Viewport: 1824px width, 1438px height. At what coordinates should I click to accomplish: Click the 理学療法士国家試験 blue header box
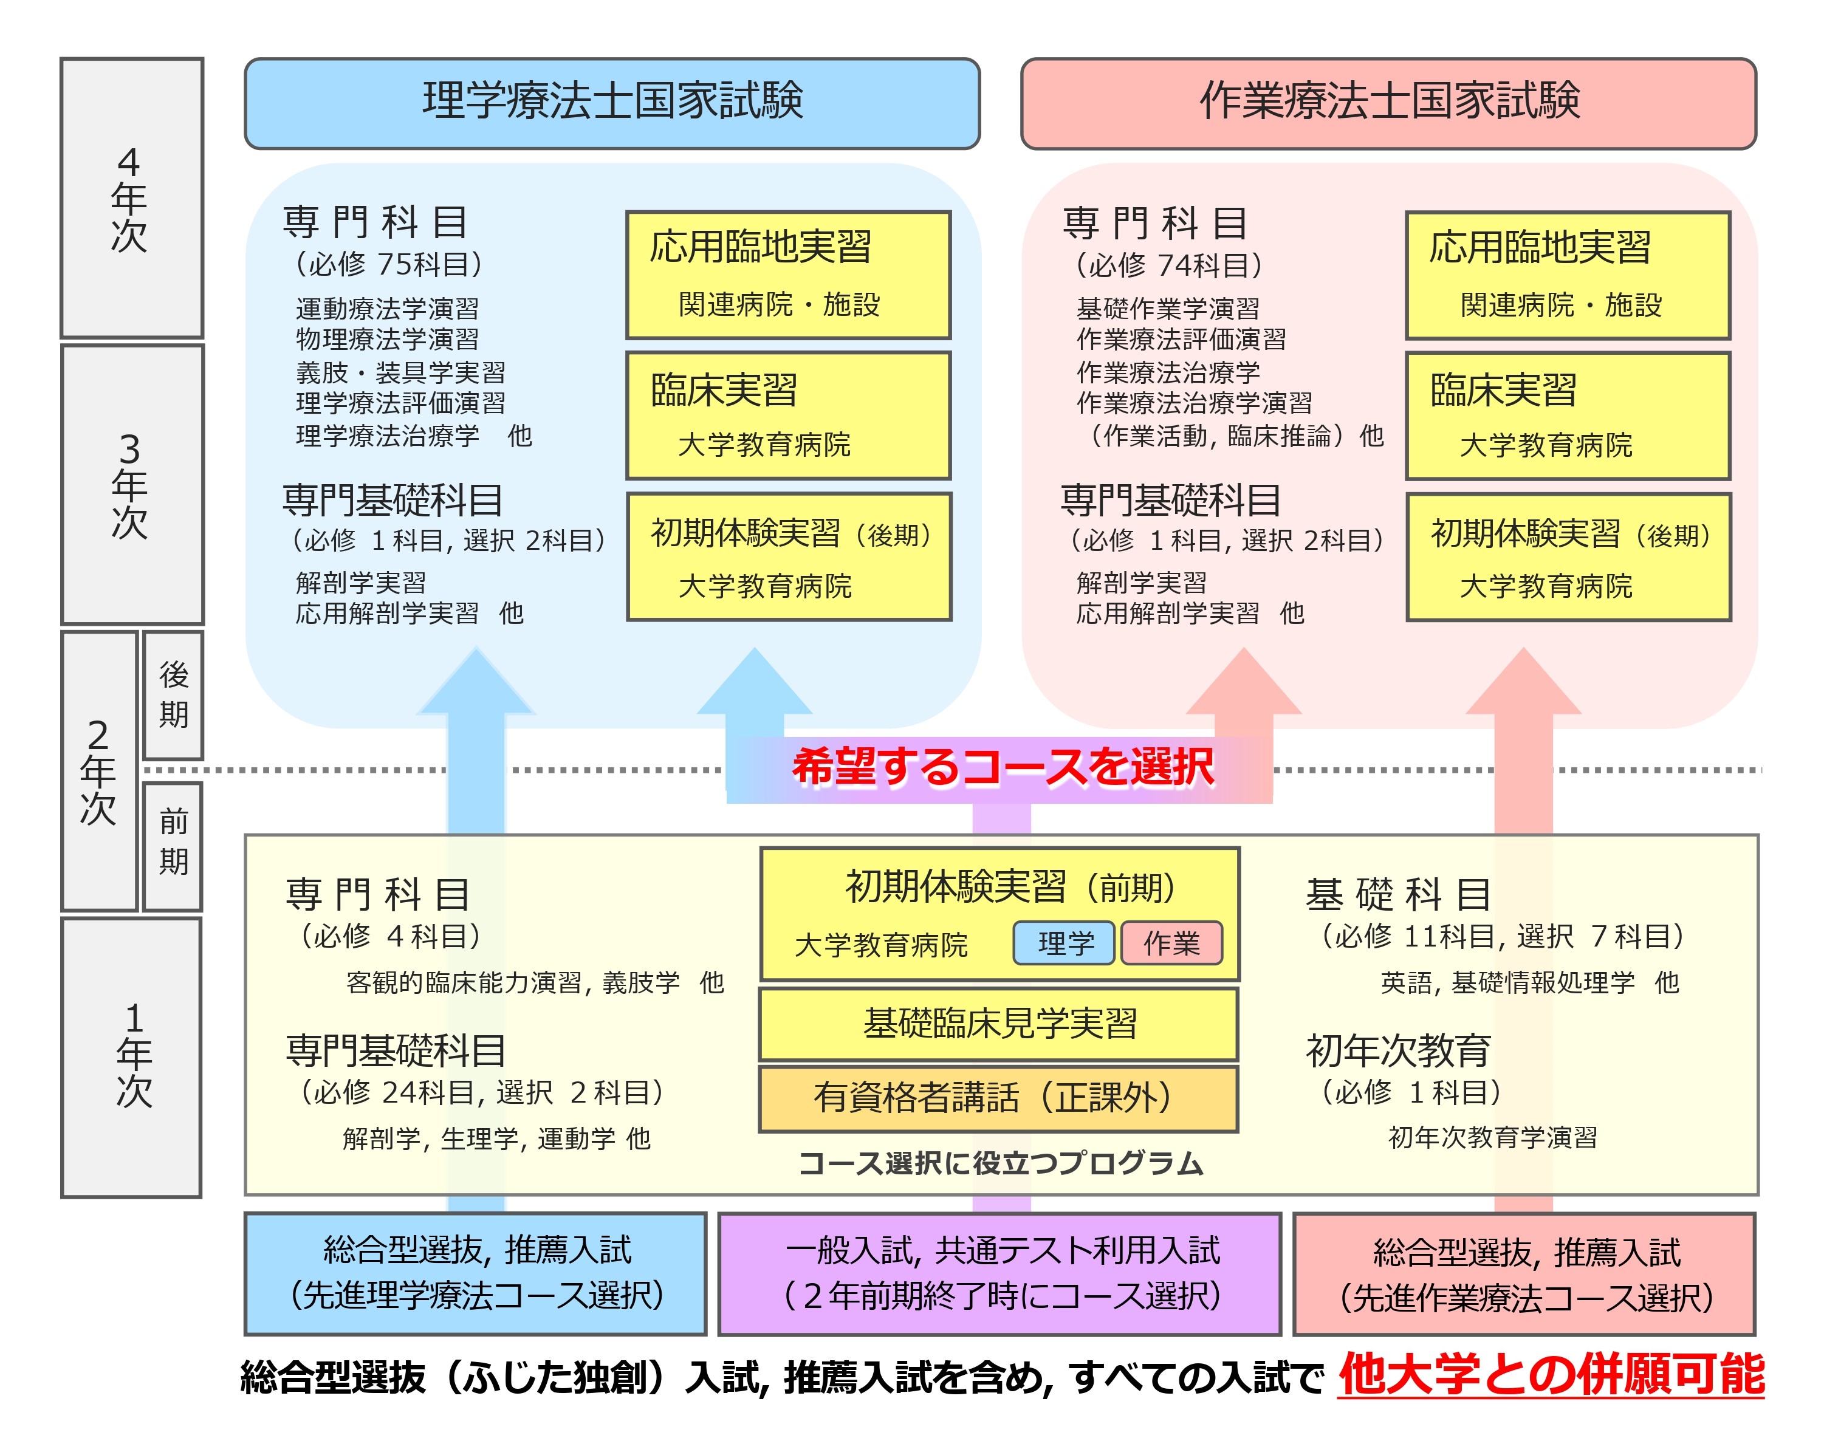coord(612,103)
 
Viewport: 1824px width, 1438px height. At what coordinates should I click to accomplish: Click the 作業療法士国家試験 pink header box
coord(1388,103)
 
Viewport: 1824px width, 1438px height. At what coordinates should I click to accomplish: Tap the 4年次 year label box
coord(131,198)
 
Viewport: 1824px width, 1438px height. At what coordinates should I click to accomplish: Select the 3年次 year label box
coord(131,484)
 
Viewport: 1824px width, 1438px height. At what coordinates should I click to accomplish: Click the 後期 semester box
coord(174,694)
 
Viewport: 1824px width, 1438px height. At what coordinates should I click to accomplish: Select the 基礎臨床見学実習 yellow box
coord(999,1023)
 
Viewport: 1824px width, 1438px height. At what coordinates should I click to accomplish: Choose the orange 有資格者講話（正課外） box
coord(999,1098)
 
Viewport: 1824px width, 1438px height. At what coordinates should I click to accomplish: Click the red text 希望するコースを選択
coord(1002,767)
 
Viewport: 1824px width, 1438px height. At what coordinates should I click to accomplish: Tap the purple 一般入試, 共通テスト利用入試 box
coord(999,1273)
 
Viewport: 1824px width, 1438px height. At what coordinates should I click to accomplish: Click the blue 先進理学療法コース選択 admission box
coord(476,1273)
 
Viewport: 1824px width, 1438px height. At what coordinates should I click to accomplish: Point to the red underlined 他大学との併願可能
coord(1551,1375)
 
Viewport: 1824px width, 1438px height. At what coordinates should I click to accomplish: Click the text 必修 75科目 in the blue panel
coord(388,264)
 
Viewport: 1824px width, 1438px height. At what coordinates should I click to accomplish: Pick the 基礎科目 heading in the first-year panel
coord(1398,894)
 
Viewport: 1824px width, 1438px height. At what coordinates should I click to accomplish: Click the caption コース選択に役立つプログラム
coord(1001,1163)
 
